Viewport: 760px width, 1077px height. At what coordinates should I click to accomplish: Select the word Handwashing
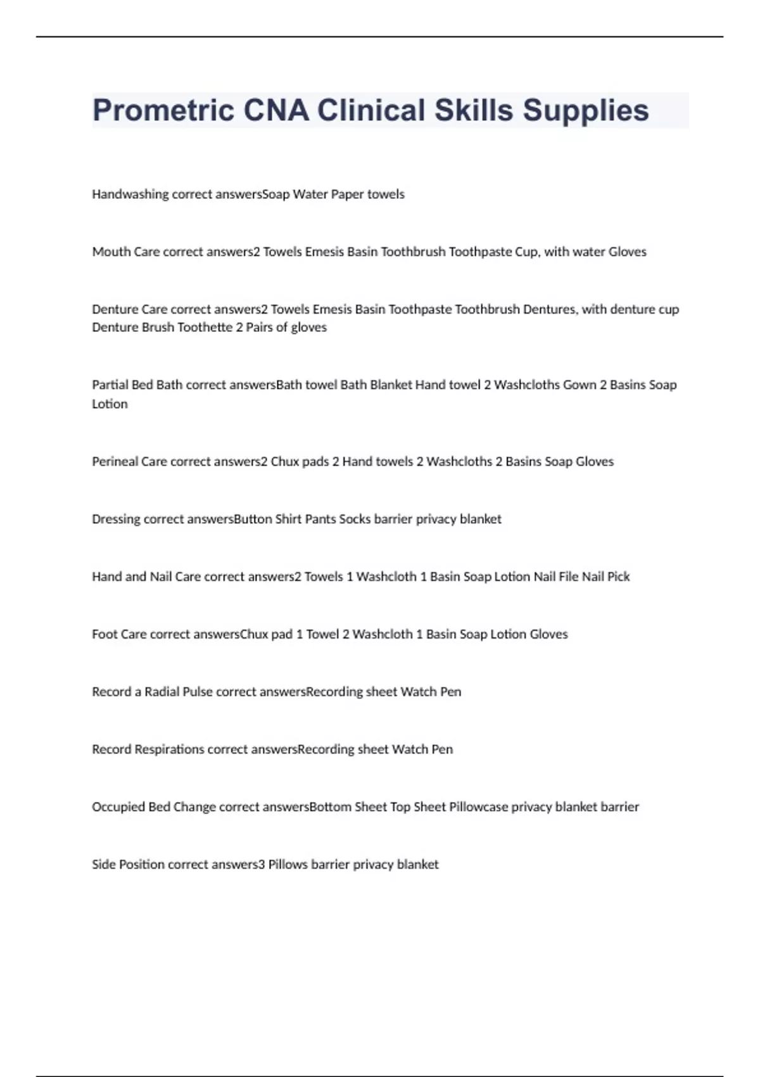(x=130, y=194)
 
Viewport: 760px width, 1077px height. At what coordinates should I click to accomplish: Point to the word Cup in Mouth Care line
(x=526, y=252)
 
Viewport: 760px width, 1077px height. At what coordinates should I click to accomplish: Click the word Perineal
(x=115, y=462)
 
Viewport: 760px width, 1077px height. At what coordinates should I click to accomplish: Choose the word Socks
(x=355, y=519)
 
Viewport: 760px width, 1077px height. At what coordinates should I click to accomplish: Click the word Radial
(x=161, y=692)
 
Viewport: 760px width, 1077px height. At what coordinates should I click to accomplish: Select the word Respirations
(x=169, y=749)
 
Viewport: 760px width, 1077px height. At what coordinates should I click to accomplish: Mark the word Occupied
(x=118, y=807)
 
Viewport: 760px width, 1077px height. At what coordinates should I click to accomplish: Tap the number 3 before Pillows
(x=262, y=865)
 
